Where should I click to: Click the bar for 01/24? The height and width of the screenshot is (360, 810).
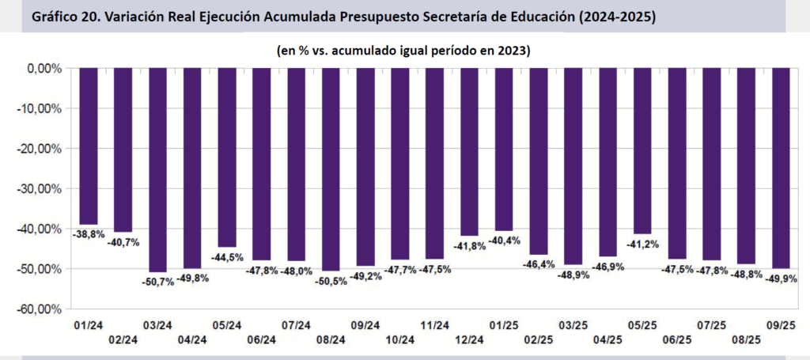[89, 146]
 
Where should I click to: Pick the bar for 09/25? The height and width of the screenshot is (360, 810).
[782, 168]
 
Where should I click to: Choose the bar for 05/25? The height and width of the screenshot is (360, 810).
[643, 150]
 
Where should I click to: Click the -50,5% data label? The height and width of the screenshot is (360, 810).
[331, 280]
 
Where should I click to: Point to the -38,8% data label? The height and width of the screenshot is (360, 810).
[88, 235]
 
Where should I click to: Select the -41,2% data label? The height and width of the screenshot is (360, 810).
[643, 244]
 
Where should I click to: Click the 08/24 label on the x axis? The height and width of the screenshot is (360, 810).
[331, 339]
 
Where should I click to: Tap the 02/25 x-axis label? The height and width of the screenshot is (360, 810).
[539, 339]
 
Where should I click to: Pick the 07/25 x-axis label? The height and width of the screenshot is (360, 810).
[712, 325]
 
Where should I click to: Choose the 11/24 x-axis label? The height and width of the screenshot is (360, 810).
[435, 325]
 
